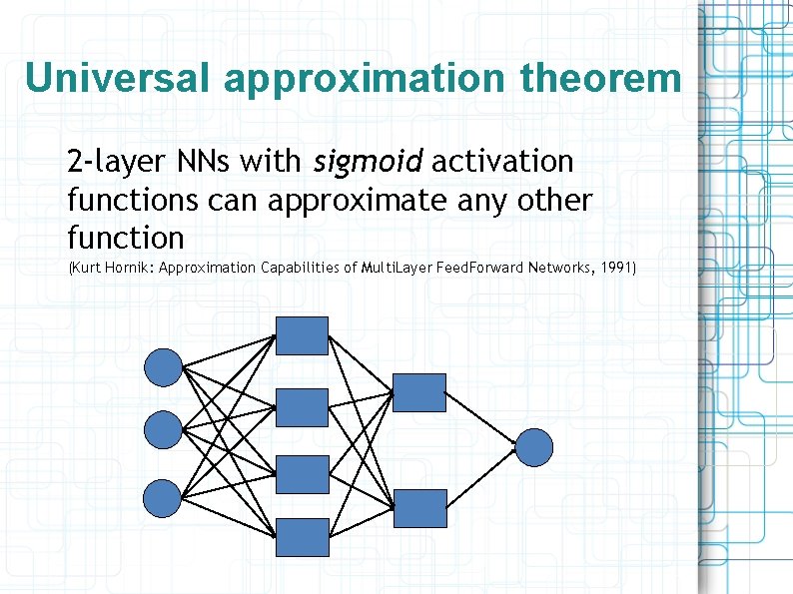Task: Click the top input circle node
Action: pos(164,366)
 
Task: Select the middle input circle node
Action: pos(164,430)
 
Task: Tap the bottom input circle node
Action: pos(164,496)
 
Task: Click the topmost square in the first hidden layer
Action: pos(302,335)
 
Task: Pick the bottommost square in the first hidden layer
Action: pos(302,537)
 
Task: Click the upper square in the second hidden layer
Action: pos(419,392)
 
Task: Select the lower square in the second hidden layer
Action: pos(419,508)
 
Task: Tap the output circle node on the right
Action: pos(533,446)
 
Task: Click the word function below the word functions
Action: pos(126,239)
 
